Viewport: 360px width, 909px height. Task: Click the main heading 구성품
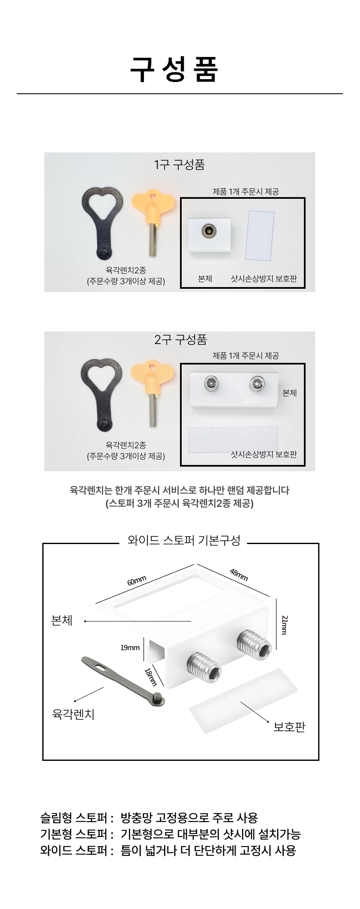pos(174,69)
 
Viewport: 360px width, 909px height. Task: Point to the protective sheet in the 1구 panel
pos(260,234)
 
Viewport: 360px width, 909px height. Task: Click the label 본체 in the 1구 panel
pos(205,279)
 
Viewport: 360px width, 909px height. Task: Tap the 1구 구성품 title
pos(180,164)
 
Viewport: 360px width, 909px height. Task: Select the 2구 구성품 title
pos(180,339)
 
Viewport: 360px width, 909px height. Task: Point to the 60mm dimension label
pos(137,581)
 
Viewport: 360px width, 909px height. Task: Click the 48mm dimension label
pos(239,575)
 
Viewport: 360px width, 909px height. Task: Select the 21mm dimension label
pos(284,625)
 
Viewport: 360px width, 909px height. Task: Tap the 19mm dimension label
pos(130,648)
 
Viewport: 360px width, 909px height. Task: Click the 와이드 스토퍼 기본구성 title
pos(184,540)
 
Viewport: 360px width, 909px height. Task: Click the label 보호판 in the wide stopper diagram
pos(289,727)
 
